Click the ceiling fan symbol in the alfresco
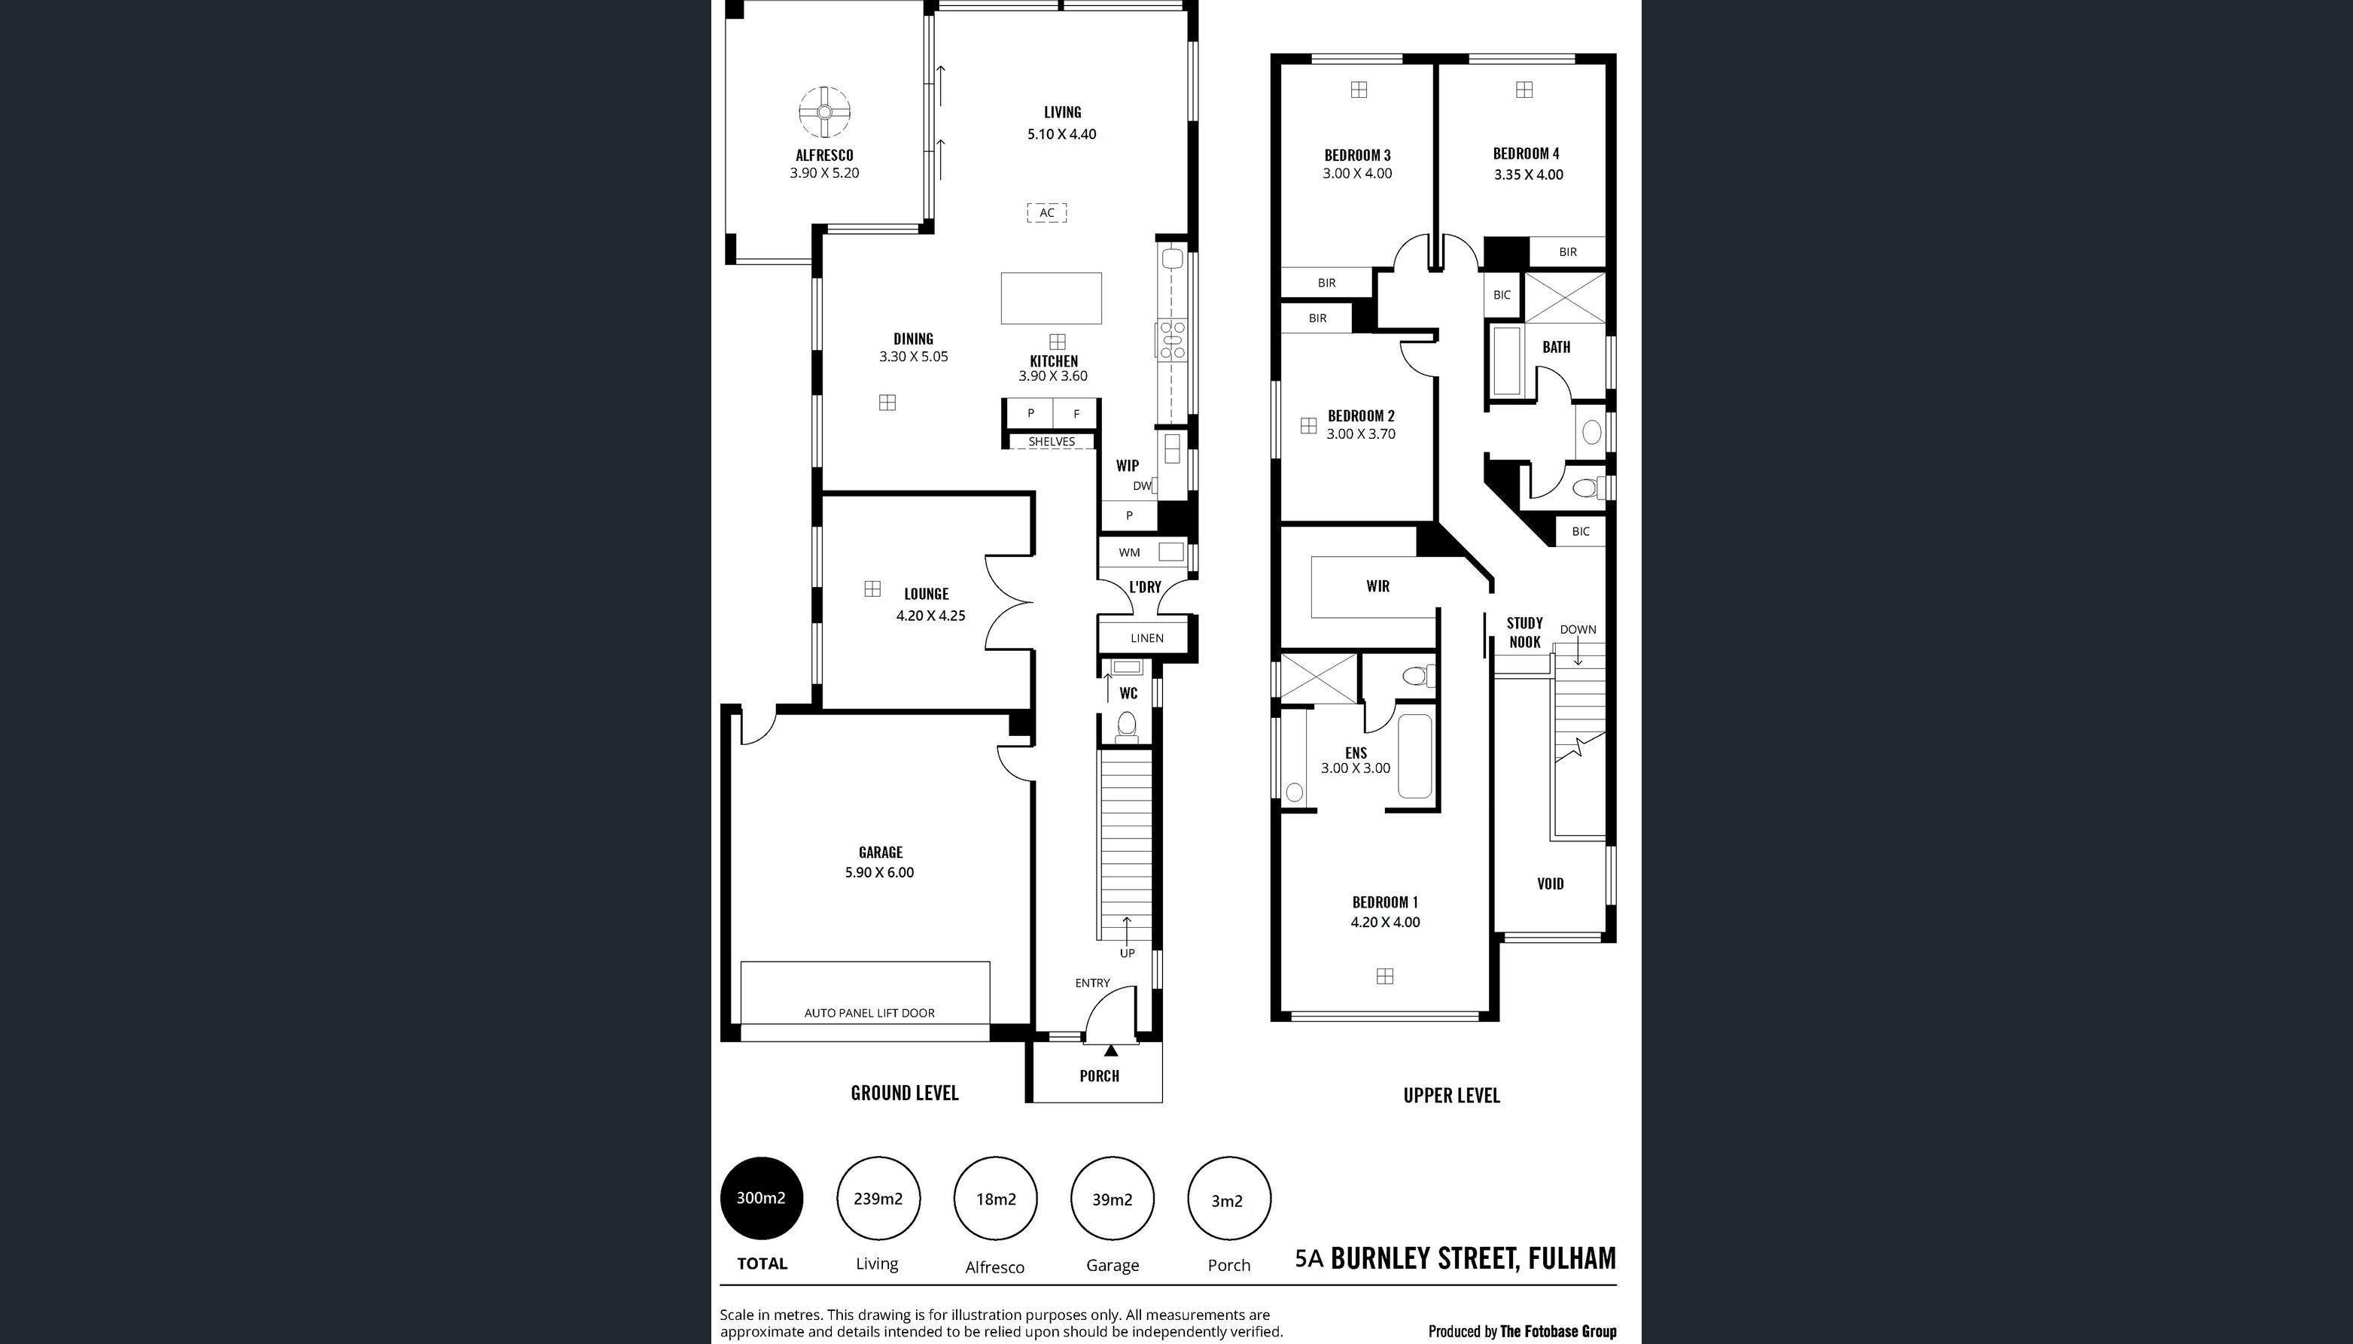824,111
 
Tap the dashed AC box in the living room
1047,213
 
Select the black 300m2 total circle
762,1198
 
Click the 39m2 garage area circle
1113,1199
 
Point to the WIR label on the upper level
1377,586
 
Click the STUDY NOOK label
1524,632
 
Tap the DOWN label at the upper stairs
1578,630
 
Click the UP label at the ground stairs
1127,953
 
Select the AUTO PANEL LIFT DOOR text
869,1013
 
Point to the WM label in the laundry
1129,553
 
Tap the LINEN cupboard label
1146,638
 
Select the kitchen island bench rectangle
1052,298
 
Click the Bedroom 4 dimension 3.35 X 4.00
1528,175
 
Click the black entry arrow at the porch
1110,1050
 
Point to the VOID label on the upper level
1550,883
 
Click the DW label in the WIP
1141,485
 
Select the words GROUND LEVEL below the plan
905,1093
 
